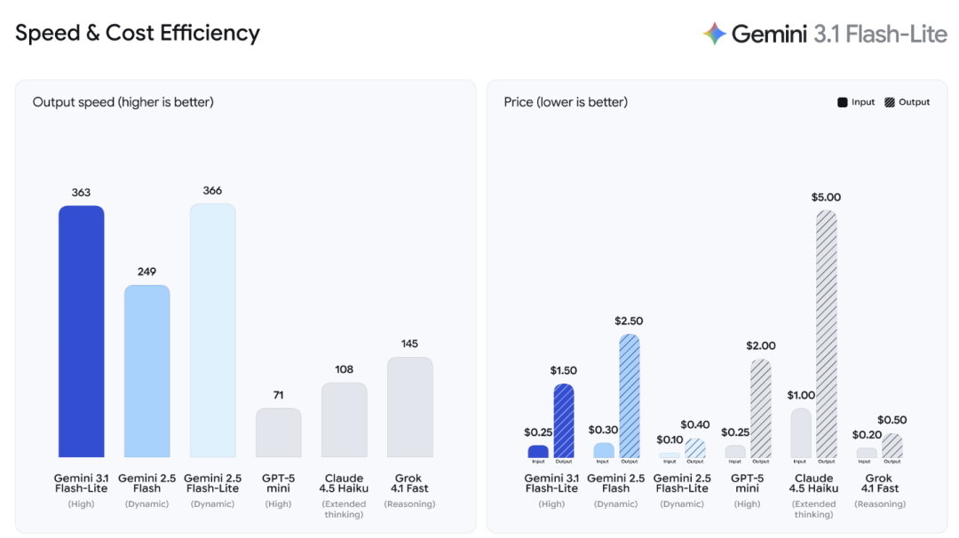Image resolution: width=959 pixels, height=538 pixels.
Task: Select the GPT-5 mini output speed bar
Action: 278,432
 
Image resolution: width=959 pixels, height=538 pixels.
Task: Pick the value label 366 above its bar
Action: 212,191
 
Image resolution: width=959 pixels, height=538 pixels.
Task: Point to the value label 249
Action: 147,272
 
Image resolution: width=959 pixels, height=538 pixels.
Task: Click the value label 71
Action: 278,395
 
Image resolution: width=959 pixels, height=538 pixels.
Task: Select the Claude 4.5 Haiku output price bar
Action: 826,334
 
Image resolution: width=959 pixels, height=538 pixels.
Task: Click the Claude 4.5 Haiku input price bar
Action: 800,432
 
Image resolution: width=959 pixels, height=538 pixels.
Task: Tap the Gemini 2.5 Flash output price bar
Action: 629,396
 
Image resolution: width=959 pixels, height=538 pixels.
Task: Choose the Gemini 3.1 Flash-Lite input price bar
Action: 538,451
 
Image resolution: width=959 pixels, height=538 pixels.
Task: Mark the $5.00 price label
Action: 826,197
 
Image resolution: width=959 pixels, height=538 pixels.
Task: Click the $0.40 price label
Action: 695,425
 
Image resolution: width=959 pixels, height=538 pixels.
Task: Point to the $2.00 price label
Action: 761,345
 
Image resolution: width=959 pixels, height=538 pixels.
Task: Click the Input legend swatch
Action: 842,102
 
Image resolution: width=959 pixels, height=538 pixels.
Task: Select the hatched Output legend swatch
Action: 890,102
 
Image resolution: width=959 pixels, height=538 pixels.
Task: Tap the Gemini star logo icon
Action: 715,34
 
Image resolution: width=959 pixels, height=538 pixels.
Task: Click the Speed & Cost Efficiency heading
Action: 138,34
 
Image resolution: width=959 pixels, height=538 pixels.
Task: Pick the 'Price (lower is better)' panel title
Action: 566,102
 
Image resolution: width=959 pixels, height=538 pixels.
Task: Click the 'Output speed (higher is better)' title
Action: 123,102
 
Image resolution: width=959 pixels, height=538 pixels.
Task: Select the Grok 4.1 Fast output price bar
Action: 892,446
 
